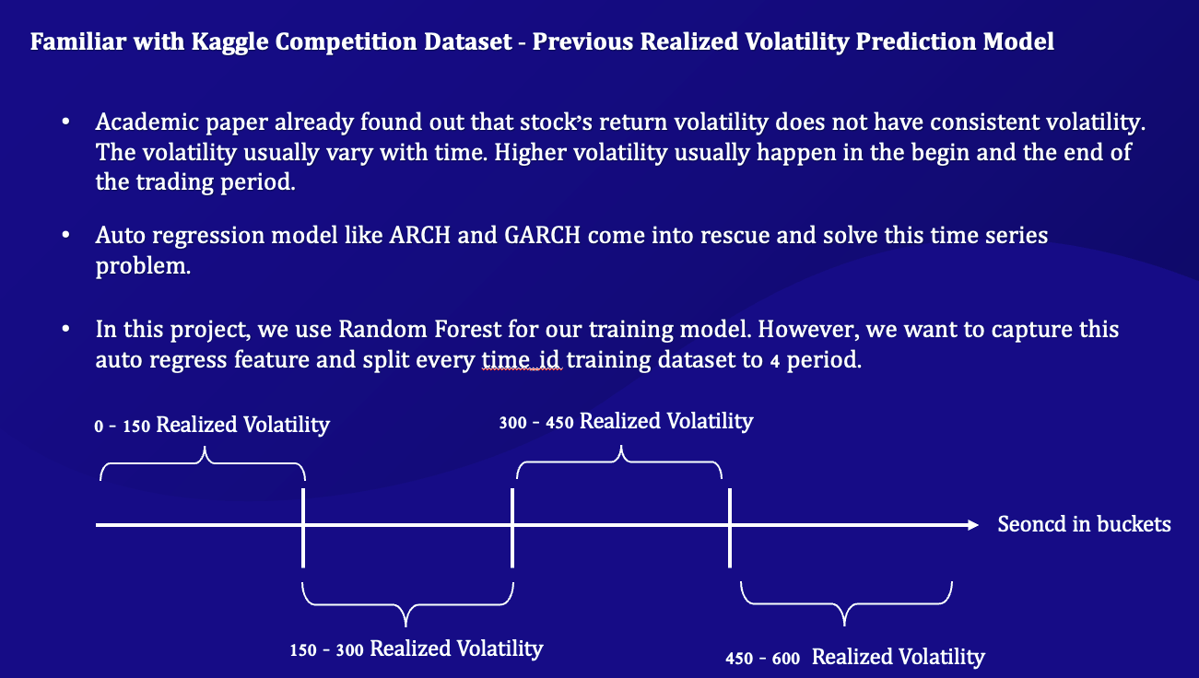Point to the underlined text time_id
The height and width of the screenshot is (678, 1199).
(x=522, y=360)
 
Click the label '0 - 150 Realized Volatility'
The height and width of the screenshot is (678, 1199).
(x=212, y=426)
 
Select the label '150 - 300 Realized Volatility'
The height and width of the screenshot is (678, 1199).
(x=417, y=649)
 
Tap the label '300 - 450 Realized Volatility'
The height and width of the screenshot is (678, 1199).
(x=626, y=422)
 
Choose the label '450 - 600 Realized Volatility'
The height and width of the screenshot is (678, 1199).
(x=855, y=657)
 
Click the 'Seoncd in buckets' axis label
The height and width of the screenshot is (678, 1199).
(x=1084, y=525)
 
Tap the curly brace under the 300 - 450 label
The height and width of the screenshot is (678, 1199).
(x=620, y=461)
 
